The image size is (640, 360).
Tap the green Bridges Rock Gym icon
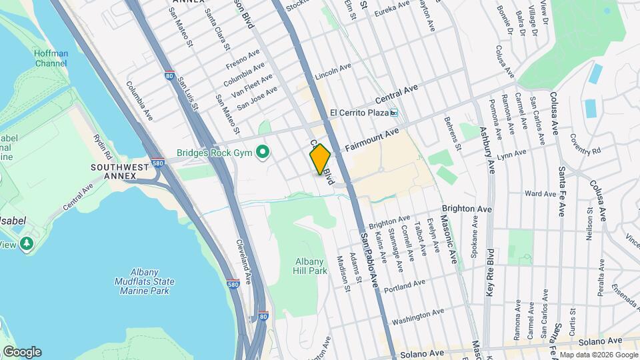click(263, 153)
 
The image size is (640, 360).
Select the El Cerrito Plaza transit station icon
click(394, 113)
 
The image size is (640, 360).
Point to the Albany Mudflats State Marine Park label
click(143, 281)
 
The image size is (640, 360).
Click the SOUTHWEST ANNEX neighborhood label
click(114, 171)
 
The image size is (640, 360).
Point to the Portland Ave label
click(405, 286)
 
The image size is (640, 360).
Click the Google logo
click(22, 352)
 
